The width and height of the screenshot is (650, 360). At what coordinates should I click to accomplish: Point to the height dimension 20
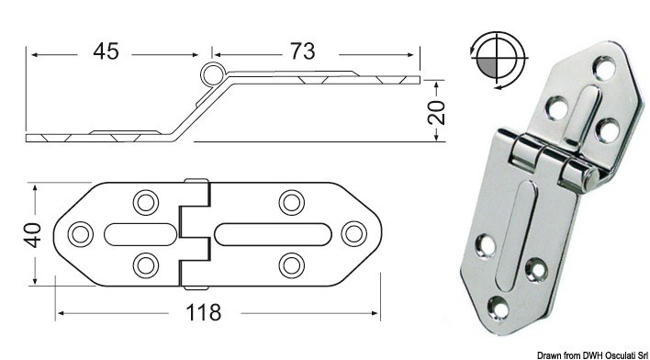click(x=437, y=112)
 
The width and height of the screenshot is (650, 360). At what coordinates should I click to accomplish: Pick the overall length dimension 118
click(x=202, y=313)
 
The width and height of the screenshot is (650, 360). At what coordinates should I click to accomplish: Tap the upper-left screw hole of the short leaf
click(x=145, y=200)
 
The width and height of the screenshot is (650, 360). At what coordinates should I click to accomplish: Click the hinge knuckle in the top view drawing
click(x=196, y=232)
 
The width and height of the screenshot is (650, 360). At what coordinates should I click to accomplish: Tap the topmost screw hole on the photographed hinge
click(x=603, y=65)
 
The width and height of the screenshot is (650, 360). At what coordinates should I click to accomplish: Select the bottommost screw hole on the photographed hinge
click(x=498, y=306)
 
